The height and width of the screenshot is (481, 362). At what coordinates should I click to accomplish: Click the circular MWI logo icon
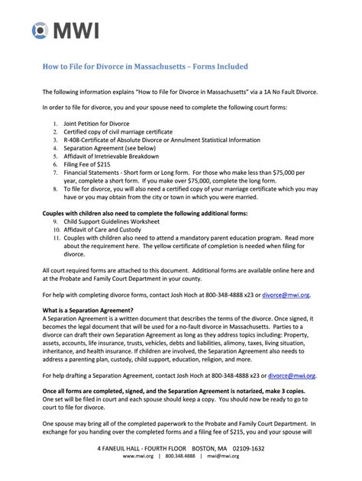tap(40, 31)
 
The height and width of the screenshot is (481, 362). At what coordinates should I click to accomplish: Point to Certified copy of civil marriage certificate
tap(118, 131)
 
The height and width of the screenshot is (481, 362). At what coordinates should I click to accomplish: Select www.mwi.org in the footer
tap(138, 456)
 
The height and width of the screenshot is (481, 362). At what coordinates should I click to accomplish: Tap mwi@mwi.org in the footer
tap(221, 456)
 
